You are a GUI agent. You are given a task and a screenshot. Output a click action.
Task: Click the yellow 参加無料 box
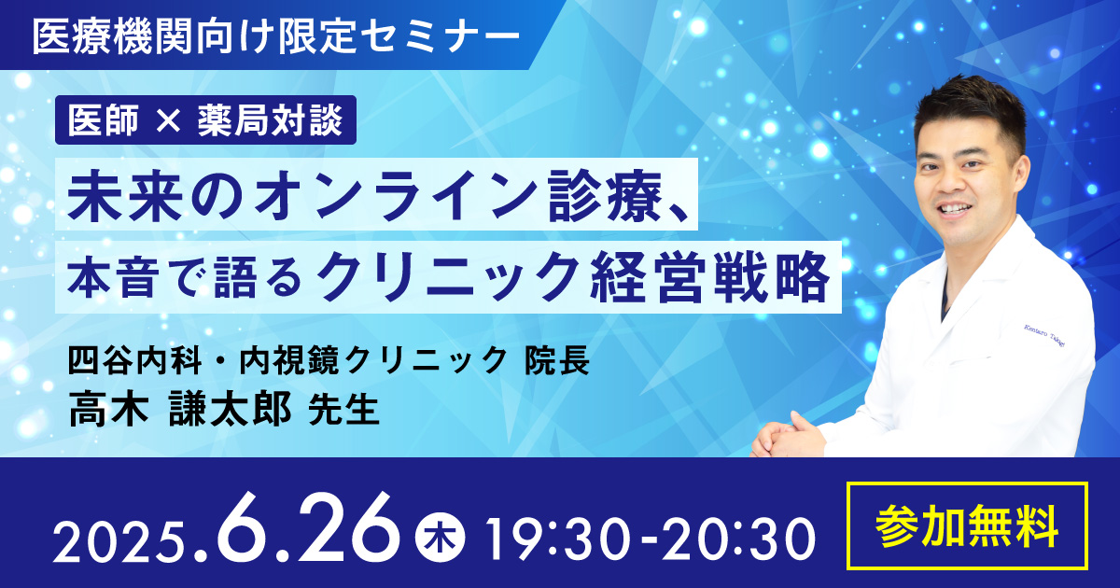[968, 525]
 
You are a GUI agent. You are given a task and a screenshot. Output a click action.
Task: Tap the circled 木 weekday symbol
[440, 539]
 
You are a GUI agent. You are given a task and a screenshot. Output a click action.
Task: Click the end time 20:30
[739, 540]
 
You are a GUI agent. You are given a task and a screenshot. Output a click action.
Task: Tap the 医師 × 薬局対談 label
[205, 120]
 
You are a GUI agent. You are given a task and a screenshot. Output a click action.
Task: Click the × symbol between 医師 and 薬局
[167, 121]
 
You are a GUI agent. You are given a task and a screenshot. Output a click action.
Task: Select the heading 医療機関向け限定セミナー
[276, 36]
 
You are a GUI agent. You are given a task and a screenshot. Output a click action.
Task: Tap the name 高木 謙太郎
[179, 409]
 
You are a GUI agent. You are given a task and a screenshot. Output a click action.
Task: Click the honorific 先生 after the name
[343, 410]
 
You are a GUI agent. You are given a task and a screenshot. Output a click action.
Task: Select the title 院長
[556, 360]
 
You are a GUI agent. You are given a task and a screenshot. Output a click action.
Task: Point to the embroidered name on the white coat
[1044, 335]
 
